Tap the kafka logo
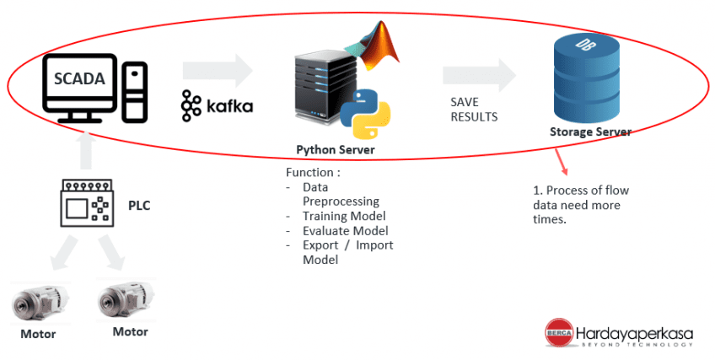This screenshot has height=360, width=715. pyautogui.click(x=216, y=105)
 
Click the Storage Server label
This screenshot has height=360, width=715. pyautogui.click(x=590, y=132)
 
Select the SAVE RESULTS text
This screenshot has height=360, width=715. pyautogui.click(x=473, y=110)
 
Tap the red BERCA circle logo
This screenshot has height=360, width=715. pyautogui.click(x=557, y=330)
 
